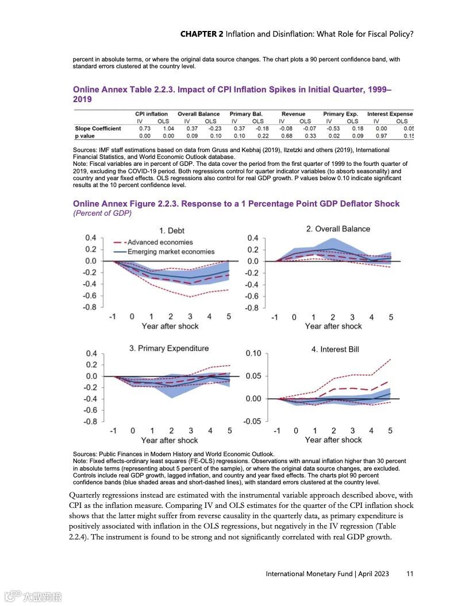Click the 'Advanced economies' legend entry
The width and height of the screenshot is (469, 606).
pyautogui.click(x=160, y=242)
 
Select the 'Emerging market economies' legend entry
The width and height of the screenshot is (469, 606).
pyautogui.click(x=171, y=251)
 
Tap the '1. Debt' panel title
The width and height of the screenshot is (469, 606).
pyautogui.click(x=172, y=231)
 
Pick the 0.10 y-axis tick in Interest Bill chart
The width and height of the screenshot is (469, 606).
pyautogui.click(x=253, y=353)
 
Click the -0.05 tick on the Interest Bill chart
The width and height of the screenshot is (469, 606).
pyautogui.click(x=252, y=421)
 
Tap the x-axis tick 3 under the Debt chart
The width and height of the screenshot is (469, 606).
pyautogui.click(x=190, y=316)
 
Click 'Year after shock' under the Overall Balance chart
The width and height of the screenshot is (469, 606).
pyautogui.click(x=333, y=326)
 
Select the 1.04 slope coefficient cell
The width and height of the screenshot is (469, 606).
pyautogui.click(x=168, y=129)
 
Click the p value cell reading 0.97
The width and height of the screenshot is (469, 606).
pyautogui.click(x=381, y=136)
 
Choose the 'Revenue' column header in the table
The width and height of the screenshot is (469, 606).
pyautogui.click(x=293, y=114)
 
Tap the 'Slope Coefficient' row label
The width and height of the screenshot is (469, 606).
pyautogui.click(x=98, y=129)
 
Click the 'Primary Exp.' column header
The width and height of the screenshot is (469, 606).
pyautogui.click(x=341, y=114)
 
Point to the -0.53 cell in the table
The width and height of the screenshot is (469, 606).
pyautogui.click(x=333, y=129)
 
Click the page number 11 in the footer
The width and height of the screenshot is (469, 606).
pyautogui.click(x=410, y=573)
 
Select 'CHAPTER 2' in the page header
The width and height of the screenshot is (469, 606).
pyautogui.click(x=202, y=34)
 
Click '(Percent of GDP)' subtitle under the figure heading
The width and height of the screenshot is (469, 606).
pyautogui.click(x=102, y=213)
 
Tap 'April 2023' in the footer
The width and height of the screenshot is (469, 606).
pyautogui.click(x=374, y=573)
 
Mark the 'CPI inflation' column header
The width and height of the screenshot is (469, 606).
pyautogui.click(x=152, y=114)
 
